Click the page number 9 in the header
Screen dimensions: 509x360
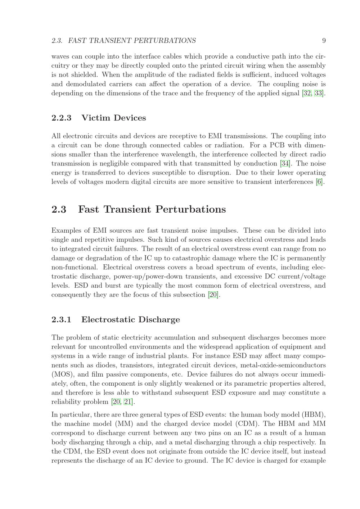pyautogui.click(x=324, y=41)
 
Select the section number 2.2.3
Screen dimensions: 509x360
pyautogui.click(x=61, y=118)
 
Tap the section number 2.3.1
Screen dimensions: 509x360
pyautogui.click(x=61, y=319)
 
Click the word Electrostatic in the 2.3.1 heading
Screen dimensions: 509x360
pyautogui.click(x=105, y=319)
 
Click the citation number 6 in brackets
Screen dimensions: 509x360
pyautogui.click(x=319, y=182)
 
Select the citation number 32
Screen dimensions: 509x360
pyautogui.click(x=307, y=93)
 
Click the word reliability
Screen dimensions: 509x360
pyautogui.click(x=67, y=401)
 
